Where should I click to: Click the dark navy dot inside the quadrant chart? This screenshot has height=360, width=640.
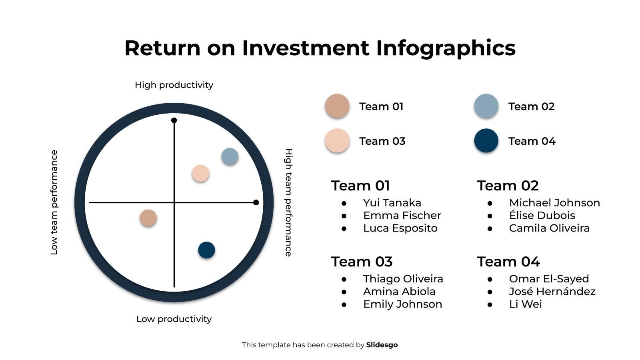206,250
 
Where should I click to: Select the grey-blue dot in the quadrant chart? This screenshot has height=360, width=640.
230,156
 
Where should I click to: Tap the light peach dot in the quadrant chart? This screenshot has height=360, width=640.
200,174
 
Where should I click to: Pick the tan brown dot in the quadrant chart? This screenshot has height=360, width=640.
148,218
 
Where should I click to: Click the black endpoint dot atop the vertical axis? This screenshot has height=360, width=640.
174,120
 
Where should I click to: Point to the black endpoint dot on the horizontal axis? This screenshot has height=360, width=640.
256,202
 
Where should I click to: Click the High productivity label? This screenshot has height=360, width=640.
174,85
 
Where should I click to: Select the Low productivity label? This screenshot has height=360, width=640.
174,319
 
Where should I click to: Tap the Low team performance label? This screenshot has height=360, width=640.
54,202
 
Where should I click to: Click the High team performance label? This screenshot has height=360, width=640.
288,202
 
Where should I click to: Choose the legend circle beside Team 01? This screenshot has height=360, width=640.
337,106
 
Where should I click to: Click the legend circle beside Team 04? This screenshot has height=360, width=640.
486,141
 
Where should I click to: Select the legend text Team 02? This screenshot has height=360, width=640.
531,106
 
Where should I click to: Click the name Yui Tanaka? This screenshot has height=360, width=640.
392,203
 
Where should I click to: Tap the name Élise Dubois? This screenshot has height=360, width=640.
542,216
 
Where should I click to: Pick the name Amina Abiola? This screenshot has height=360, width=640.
399,292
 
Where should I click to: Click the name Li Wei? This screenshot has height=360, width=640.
525,304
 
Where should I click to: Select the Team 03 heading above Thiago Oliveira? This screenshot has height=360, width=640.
362,262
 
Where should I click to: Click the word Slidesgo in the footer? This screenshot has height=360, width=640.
382,345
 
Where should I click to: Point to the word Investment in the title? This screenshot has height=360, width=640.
306,48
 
